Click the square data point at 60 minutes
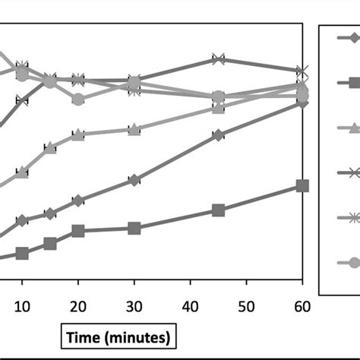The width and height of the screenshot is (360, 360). pyautogui.click(x=302, y=186)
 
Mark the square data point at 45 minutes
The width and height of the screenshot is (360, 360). pyautogui.click(x=218, y=210)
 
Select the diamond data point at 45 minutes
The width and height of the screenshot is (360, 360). pyautogui.click(x=218, y=135)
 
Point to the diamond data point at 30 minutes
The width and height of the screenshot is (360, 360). pyautogui.click(x=134, y=180)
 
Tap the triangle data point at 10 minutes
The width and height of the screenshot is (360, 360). pyautogui.click(x=22, y=172)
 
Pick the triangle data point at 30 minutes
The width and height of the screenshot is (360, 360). pyautogui.click(x=134, y=130)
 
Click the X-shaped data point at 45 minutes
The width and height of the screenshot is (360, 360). pyautogui.click(x=218, y=59)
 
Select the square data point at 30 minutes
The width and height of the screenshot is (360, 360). pyautogui.click(x=134, y=228)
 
